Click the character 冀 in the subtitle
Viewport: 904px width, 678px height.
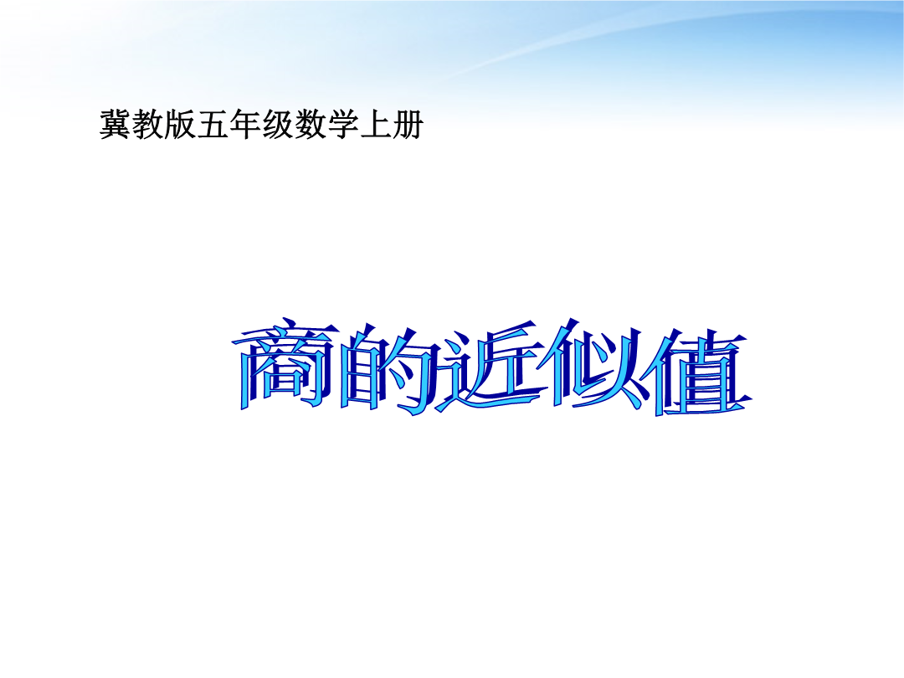115,124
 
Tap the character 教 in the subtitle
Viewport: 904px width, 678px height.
147,124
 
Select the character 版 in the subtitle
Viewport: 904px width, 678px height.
180,124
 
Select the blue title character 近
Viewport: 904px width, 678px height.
491,369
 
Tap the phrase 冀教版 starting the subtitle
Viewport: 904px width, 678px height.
147,124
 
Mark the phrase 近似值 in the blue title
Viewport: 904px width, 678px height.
593,367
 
